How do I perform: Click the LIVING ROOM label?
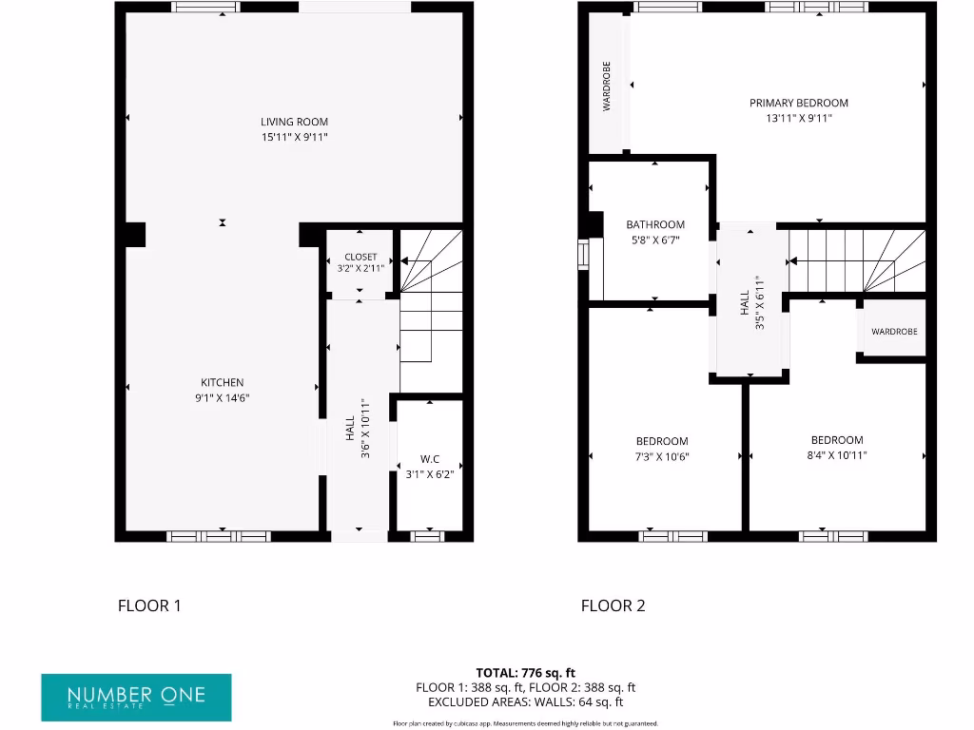coord(294,122)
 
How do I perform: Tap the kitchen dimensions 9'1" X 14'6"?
coord(222,398)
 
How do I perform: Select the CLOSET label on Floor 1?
coord(360,257)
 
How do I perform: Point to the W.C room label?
coord(429,458)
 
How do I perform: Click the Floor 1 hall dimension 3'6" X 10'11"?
coord(364,436)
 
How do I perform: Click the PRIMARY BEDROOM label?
coord(798,103)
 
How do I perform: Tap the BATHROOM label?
coord(654,225)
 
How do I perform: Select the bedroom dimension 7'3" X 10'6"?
coord(662,456)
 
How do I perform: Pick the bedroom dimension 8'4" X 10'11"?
coord(837,455)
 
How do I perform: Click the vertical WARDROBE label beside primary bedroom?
coord(607,86)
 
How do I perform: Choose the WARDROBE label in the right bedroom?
coord(894,332)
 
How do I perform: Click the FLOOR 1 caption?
coord(148,605)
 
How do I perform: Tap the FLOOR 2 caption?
coord(613,605)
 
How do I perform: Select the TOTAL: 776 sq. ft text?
coord(525,672)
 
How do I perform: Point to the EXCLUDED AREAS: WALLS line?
coord(525,702)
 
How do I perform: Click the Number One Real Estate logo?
coord(136,696)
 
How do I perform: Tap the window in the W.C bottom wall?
coord(427,536)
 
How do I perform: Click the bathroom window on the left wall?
coord(583,255)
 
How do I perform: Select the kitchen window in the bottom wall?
coord(219,536)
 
